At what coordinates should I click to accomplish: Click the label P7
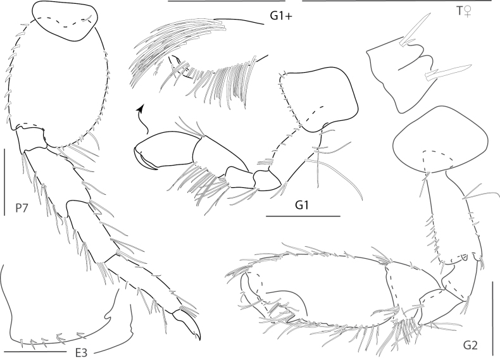coord(22,208)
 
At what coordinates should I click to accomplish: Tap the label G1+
coord(281,16)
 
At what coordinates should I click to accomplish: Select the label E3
coord(81,353)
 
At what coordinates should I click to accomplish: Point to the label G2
coord(470,345)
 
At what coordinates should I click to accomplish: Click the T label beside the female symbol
coord(459,11)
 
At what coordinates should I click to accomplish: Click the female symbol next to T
coord(468,12)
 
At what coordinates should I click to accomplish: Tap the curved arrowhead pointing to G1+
coord(139,109)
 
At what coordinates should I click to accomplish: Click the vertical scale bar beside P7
coord(5,182)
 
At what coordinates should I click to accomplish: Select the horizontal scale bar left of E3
coord(35,352)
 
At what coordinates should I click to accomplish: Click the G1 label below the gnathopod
coord(302,206)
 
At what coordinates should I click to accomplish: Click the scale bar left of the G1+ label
coord(226,1)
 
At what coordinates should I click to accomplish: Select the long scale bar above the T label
coord(397,1)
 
